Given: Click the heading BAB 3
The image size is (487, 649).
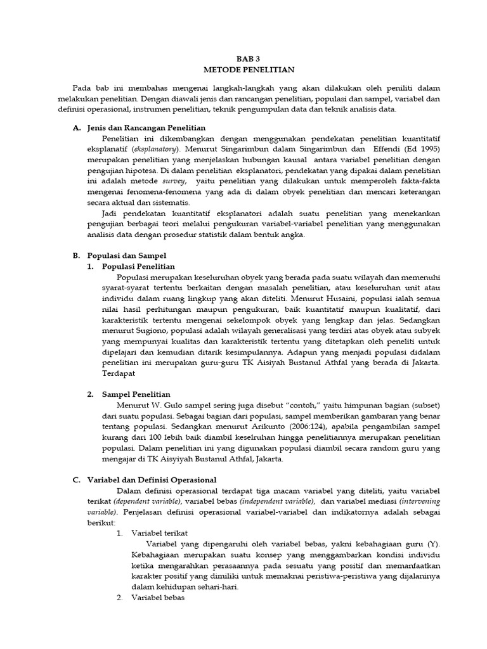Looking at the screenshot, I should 243,57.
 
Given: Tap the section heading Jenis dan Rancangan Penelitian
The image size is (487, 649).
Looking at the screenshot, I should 140,128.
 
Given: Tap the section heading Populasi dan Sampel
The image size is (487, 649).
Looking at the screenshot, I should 119,255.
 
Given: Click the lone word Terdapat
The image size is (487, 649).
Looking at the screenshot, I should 121,374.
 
